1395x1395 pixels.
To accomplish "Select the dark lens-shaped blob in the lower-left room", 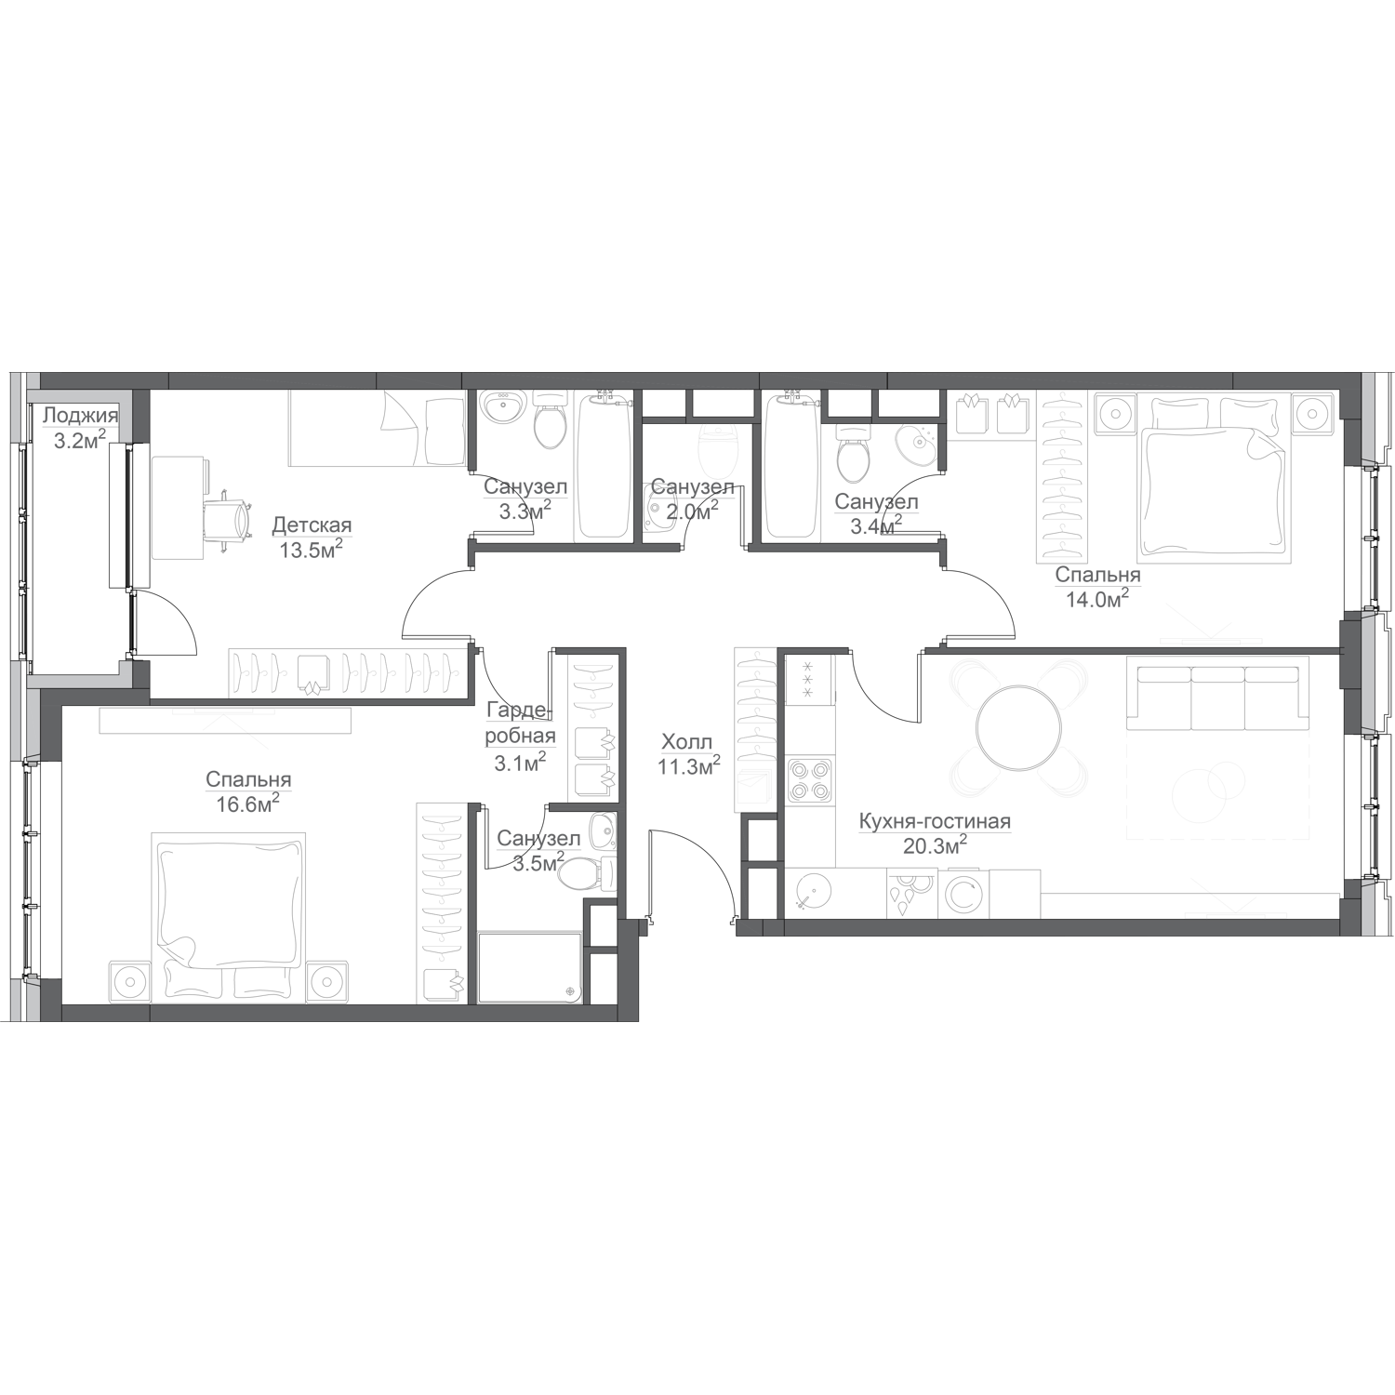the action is (253, 781).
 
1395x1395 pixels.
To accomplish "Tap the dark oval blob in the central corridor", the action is (688, 744).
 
